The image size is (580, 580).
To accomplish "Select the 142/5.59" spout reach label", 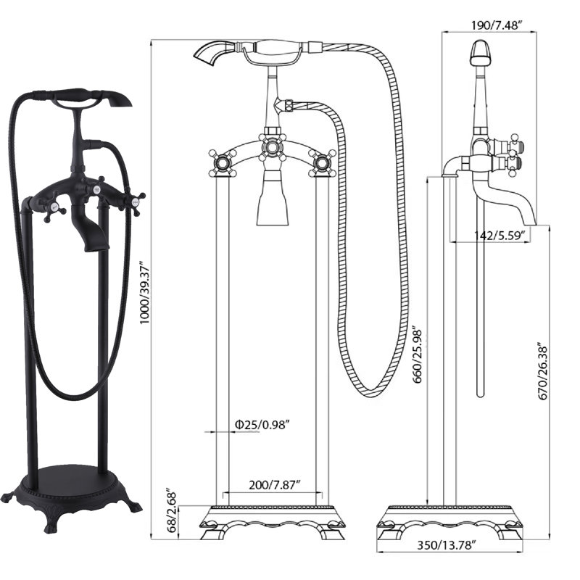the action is pyautogui.click(x=500, y=235).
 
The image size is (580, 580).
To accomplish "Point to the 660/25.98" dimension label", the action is pyautogui.click(x=418, y=355).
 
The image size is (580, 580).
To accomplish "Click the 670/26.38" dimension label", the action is pyautogui.click(x=543, y=371).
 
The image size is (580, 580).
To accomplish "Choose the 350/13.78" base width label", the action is pyautogui.click(x=447, y=545).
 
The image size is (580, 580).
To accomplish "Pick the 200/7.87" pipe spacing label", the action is pyautogui.click(x=274, y=485).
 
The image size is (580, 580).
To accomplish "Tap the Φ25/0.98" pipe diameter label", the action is pyautogui.click(x=262, y=425).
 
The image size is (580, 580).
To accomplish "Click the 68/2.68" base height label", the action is pyautogui.click(x=173, y=512).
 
